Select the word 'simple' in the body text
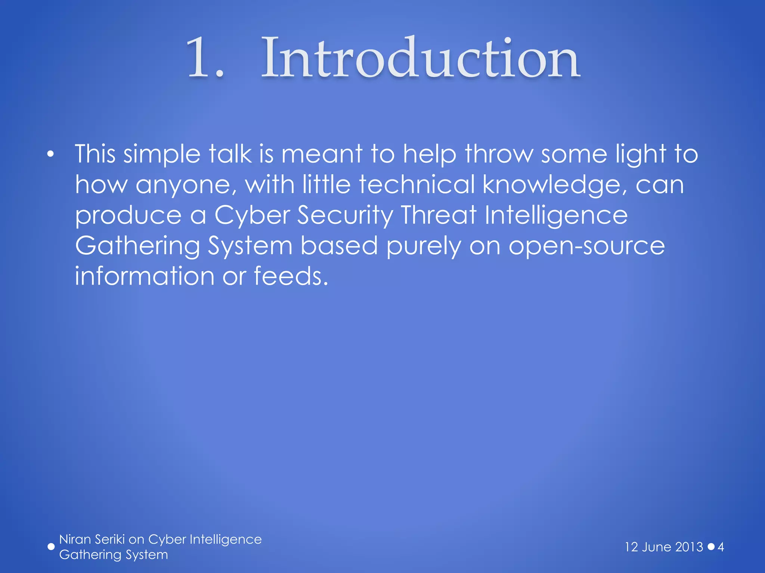[x=162, y=155]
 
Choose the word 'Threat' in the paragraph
[x=439, y=215]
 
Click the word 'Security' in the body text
[x=345, y=216]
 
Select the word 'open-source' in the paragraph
[x=586, y=247]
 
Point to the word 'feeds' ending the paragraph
[x=291, y=276]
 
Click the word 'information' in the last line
[x=145, y=276]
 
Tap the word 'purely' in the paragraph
[x=424, y=247]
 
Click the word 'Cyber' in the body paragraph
[x=252, y=216]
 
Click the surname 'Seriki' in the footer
[x=109, y=539]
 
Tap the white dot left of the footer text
[x=51, y=547]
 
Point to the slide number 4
[x=721, y=547]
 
